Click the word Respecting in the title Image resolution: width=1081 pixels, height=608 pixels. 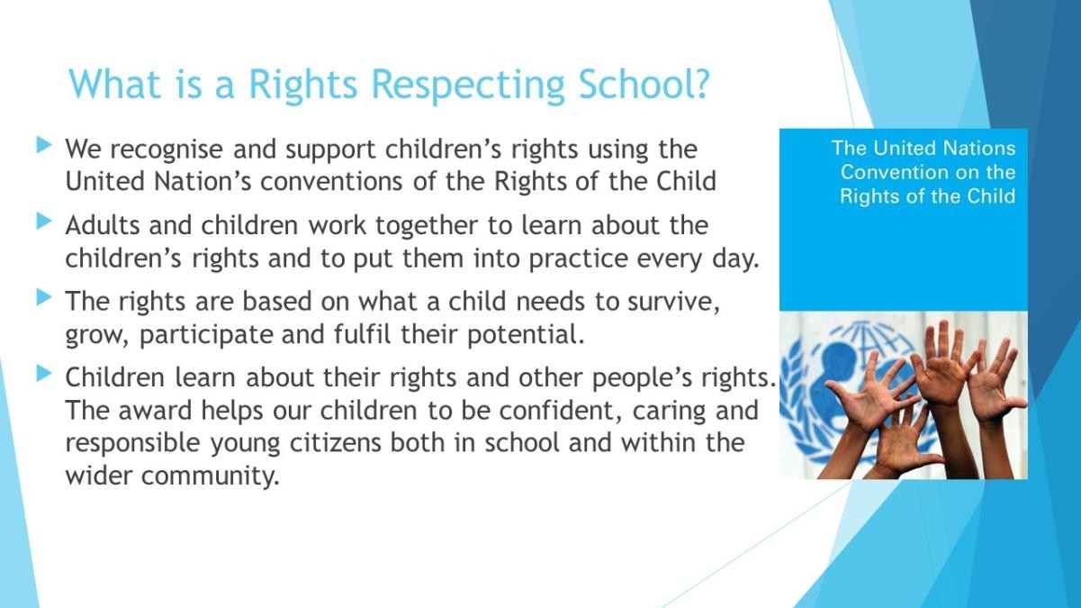(468, 86)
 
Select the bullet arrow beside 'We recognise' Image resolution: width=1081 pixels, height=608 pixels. (44, 145)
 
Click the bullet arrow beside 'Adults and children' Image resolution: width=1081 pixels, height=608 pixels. (44, 222)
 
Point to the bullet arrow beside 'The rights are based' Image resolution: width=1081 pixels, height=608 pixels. (44, 297)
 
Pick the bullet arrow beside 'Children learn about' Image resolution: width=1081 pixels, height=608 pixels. (44, 373)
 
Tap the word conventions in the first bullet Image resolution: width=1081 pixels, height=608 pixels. (331, 182)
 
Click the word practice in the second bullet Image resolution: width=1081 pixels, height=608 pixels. (579, 259)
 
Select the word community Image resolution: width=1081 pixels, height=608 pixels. (211, 476)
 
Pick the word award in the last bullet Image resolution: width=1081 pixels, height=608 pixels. (156, 411)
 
